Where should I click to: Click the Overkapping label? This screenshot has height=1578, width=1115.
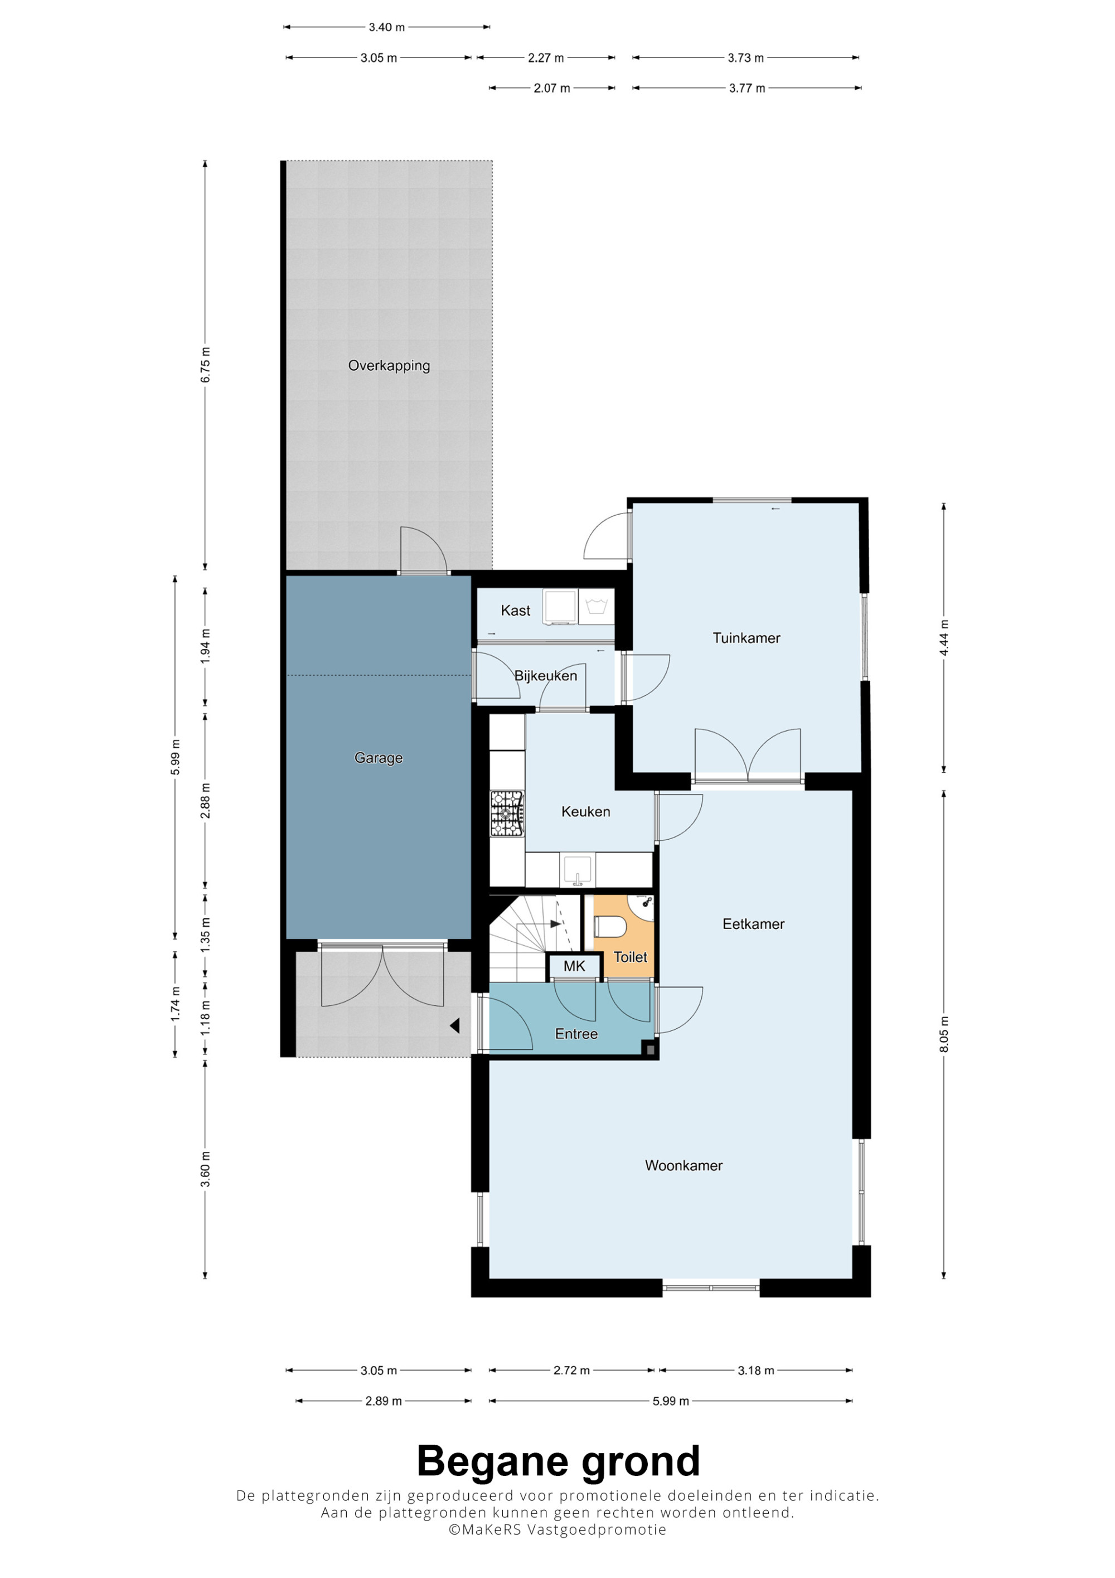coord(389,366)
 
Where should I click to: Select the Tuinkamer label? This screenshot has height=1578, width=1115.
coord(746,638)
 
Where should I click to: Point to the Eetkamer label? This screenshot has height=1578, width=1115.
coord(753,924)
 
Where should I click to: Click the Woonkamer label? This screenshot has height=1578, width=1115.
coord(683,1165)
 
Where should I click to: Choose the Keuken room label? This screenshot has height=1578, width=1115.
coord(585,812)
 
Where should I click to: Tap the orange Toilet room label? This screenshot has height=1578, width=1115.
coord(630,957)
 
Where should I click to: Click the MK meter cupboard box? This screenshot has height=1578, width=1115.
coord(574,966)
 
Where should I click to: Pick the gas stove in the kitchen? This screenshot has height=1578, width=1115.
coord(506,814)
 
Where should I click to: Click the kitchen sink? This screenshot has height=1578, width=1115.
coord(578,869)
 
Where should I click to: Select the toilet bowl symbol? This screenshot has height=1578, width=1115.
coord(610,927)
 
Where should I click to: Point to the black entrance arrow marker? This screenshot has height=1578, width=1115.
coord(454,1026)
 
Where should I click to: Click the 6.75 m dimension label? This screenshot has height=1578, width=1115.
coord(205,366)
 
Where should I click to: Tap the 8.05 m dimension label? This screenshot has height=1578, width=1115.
coord(944,1034)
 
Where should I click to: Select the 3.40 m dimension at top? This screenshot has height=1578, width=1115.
coord(387,27)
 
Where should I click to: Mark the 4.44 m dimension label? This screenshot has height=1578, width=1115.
coord(944,638)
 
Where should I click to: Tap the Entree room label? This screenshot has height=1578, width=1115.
coord(576,1034)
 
